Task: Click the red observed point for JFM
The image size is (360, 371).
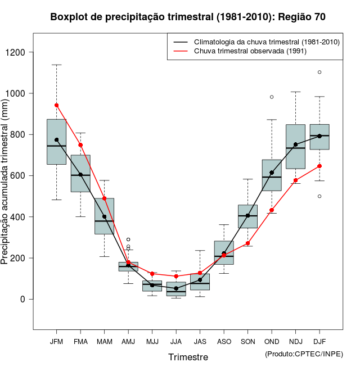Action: click(56, 105)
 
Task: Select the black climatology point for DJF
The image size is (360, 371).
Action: click(319, 136)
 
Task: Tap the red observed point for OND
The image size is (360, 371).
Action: click(272, 210)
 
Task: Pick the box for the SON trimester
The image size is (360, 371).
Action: click(247, 216)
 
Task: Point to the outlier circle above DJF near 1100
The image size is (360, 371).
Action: click(319, 72)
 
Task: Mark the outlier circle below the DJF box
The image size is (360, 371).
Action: click(319, 196)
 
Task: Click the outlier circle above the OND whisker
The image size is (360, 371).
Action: click(272, 97)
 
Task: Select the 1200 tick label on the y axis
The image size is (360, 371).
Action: click(18, 52)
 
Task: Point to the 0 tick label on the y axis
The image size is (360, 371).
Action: click(24, 299)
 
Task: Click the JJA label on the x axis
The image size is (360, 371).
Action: click(176, 341)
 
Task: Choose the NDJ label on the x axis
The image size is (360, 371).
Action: click(295, 341)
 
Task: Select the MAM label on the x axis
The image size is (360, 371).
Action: click(104, 341)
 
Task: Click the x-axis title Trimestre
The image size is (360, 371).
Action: click(188, 357)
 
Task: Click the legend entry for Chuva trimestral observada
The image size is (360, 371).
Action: click(242, 51)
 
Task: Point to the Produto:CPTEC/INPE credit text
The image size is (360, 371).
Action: click(304, 354)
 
